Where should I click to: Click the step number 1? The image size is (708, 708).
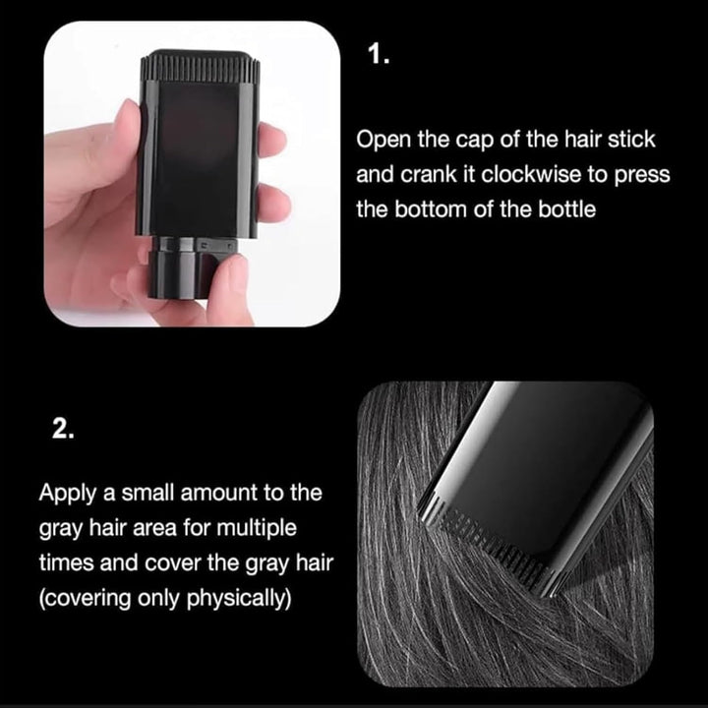point(378,53)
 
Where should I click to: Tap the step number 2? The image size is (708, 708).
point(62,430)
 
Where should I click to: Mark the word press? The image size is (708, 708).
point(641,174)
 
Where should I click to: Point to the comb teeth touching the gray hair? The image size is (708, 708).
point(492,541)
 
